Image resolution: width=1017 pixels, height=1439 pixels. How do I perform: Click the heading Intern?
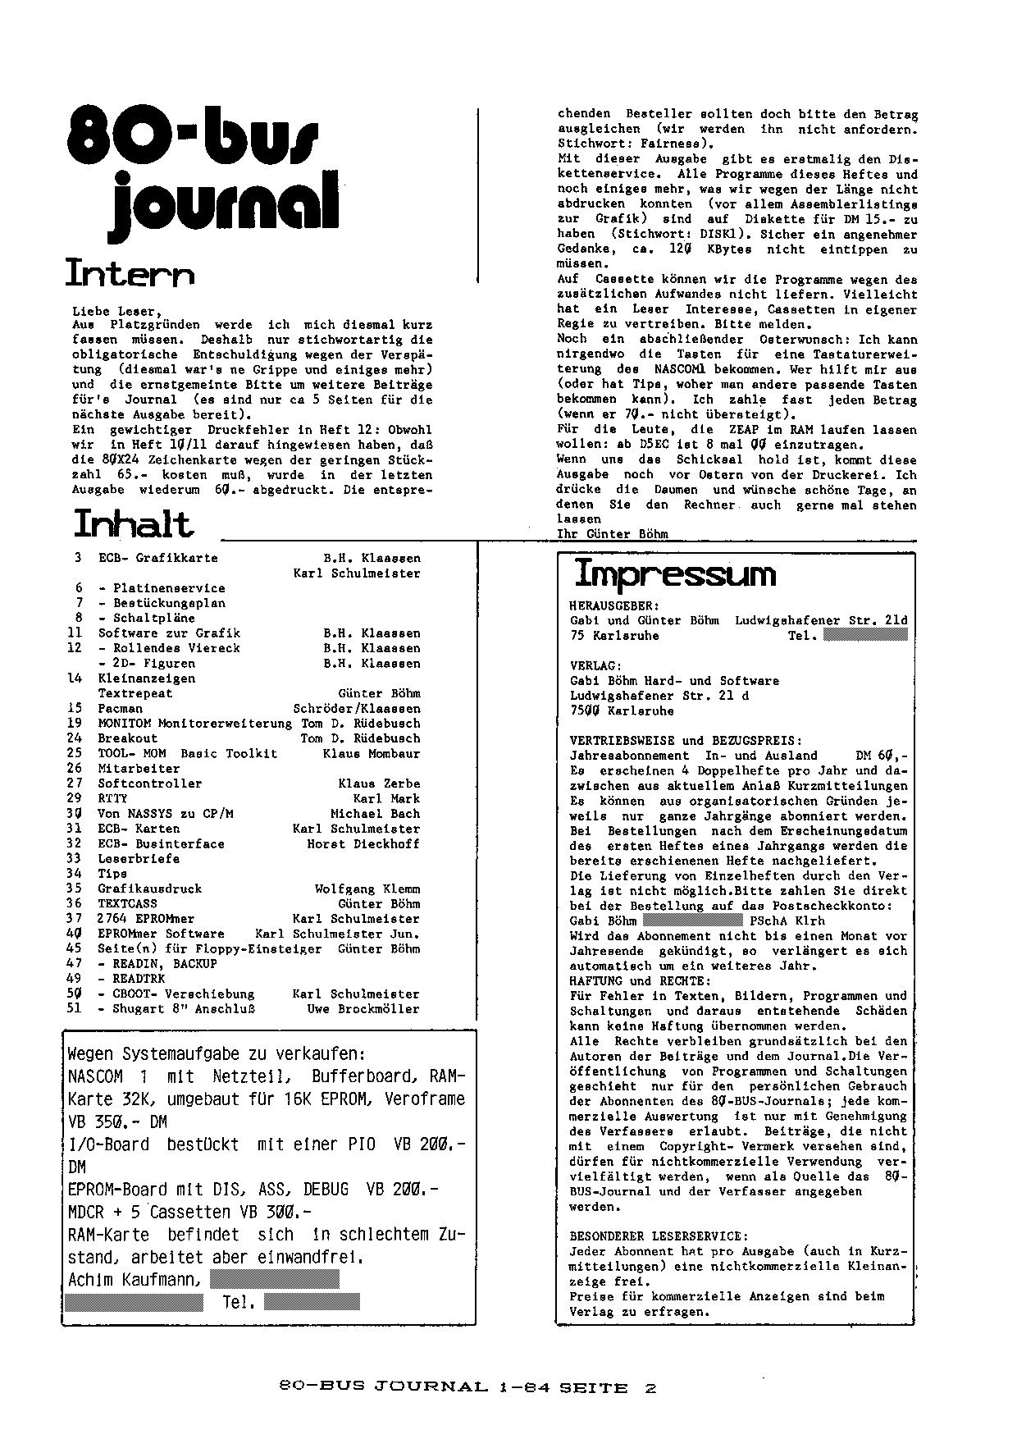point(130,273)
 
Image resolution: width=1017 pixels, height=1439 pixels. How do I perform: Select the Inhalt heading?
point(134,523)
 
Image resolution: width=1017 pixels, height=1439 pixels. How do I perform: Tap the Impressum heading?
point(674,573)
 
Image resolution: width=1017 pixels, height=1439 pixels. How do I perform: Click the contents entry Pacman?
point(120,708)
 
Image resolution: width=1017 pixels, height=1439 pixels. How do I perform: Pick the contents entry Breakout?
point(127,738)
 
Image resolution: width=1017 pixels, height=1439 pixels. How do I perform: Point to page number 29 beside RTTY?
point(75,798)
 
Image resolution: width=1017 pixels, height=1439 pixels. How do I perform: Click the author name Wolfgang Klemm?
point(367,889)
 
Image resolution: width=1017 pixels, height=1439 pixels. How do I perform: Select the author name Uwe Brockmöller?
point(363,1009)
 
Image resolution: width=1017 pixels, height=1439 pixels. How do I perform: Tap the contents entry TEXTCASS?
point(127,903)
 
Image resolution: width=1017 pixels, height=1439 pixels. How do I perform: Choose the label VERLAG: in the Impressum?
point(595,665)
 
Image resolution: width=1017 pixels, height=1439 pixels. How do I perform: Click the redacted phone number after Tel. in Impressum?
point(865,635)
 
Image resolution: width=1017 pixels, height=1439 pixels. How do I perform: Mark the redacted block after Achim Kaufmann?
point(274,1279)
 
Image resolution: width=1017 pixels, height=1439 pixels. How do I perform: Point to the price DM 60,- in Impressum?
point(882,755)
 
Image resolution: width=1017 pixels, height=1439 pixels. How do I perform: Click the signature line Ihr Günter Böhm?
point(612,534)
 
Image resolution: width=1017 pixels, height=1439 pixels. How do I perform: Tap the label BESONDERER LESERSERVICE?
point(659,1236)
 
